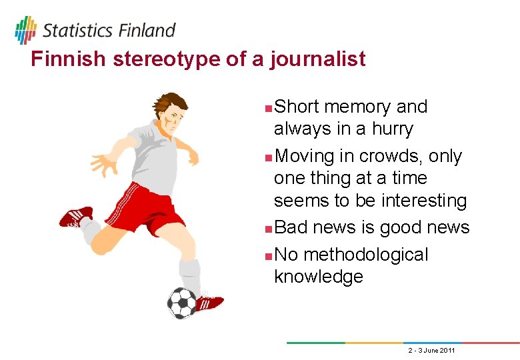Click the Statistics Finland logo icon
(x=25, y=29)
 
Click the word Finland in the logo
(x=147, y=30)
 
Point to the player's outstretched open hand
(x=103, y=163)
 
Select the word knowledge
(x=319, y=277)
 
